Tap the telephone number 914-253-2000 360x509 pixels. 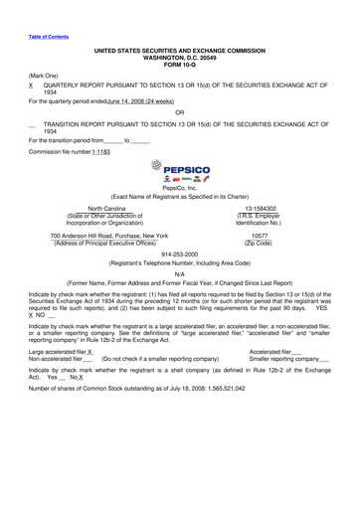(179, 255)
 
